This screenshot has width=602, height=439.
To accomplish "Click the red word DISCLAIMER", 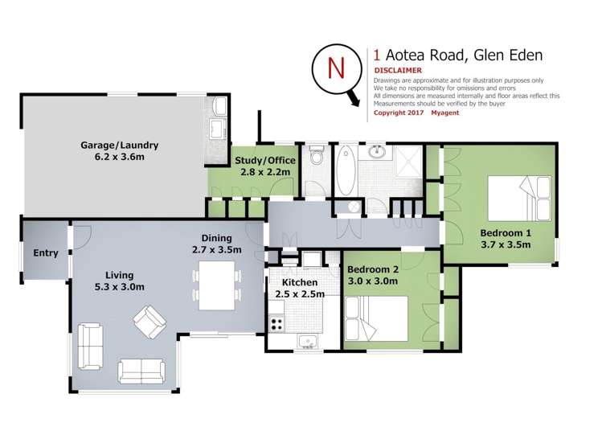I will [x=398, y=71].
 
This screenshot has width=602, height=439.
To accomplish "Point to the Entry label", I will [x=46, y=253].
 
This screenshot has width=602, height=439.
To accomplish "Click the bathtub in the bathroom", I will [x=346, y=170].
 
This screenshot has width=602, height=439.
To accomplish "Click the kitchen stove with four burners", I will [x=277, y=325].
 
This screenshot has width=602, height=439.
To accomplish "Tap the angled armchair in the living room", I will [x=149, y=322].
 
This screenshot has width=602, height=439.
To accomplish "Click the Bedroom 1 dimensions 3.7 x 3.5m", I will [x=506, y=245].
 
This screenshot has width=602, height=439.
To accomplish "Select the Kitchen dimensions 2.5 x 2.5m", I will [x=300, y=294].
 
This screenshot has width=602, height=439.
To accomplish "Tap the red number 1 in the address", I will [x=378, y=55].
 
